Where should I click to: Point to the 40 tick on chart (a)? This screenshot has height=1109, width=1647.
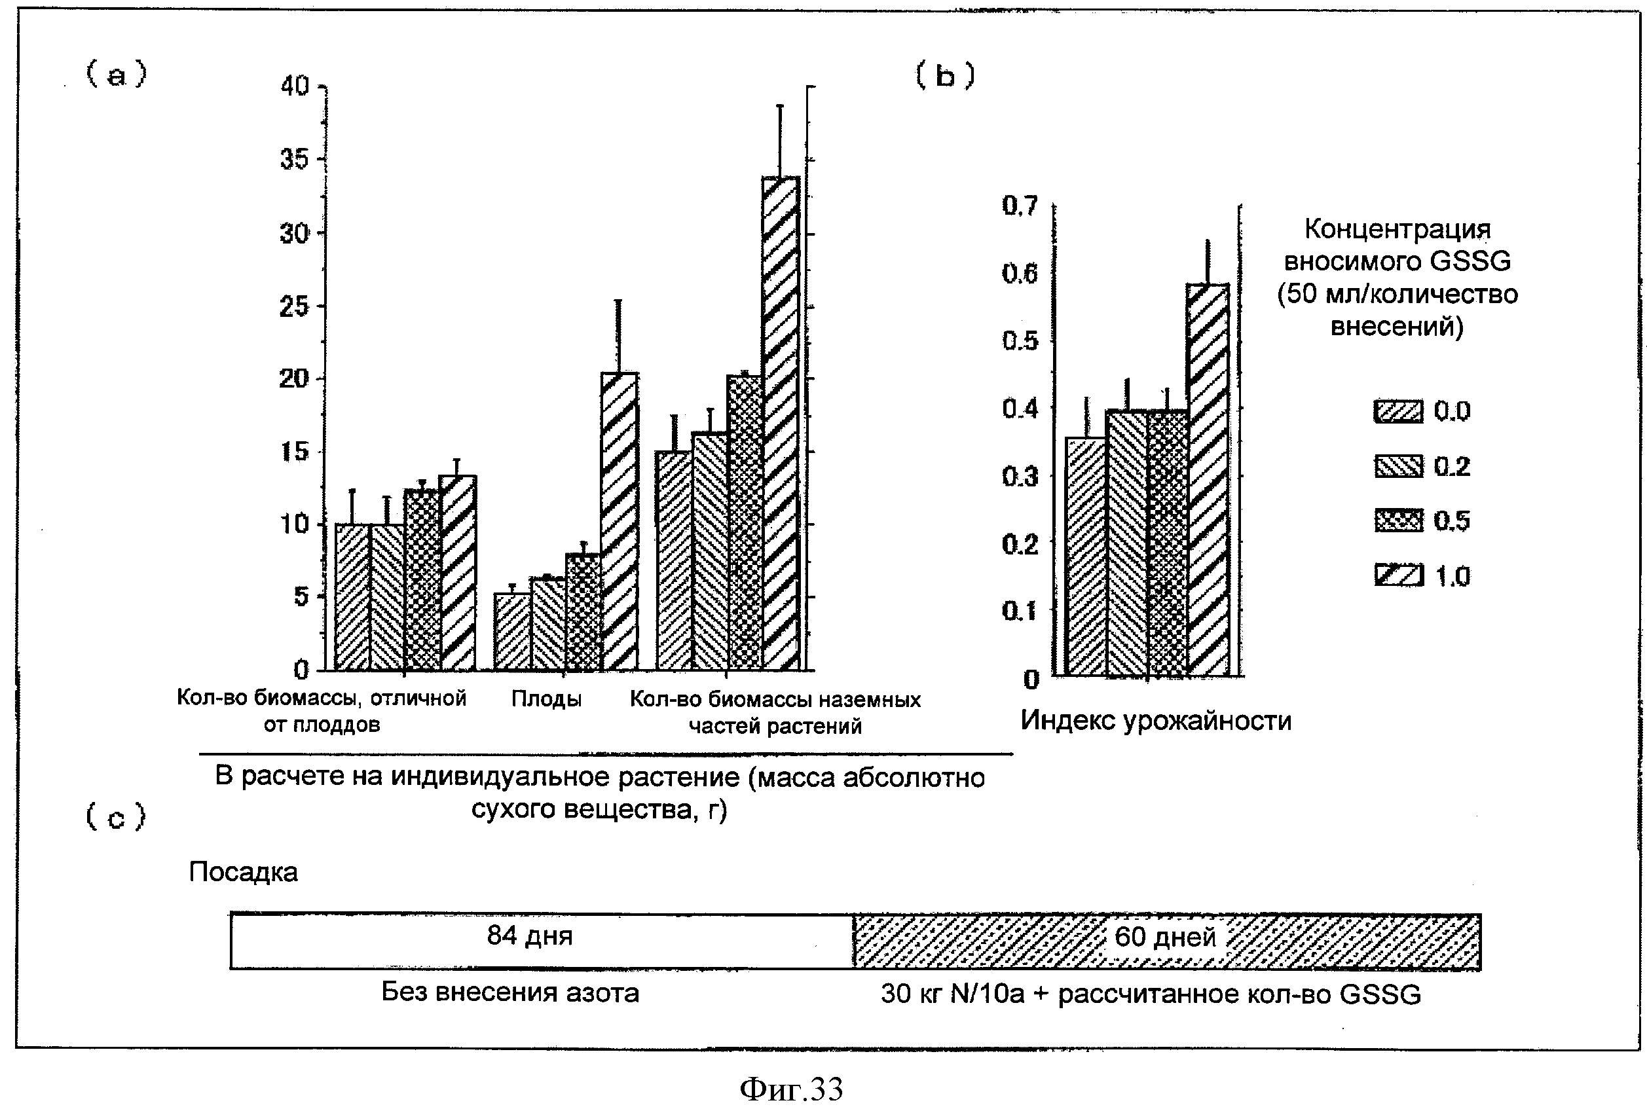click(295, 86)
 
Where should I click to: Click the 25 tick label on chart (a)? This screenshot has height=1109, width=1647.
click(295, 306)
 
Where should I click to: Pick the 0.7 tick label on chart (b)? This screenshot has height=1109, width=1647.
click(1020, 206)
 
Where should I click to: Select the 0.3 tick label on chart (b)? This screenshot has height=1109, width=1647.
click(1020, 477)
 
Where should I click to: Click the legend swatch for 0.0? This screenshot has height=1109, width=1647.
click(1398, 411)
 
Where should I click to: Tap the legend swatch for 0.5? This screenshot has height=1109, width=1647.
click(1398, 520)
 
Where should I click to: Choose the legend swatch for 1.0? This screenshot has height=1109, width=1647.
click(1398, 575)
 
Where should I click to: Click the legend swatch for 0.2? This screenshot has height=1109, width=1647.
click(1398, 466)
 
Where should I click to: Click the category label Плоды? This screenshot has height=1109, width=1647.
click(546, 699)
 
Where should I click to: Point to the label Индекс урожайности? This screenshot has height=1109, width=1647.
click(1155, 721)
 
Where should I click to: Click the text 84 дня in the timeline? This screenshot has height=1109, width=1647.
click(529, 936)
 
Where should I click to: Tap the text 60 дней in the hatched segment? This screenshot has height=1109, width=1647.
click(1164, 937)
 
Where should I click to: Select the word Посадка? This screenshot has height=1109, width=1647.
click(243, 872)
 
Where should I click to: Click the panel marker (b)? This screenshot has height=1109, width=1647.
click(945, 75)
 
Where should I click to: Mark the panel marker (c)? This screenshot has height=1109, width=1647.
click(115, 818)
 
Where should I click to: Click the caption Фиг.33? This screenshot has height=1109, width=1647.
click(791, 1089)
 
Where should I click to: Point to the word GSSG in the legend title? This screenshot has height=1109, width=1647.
click(1470, 262)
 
